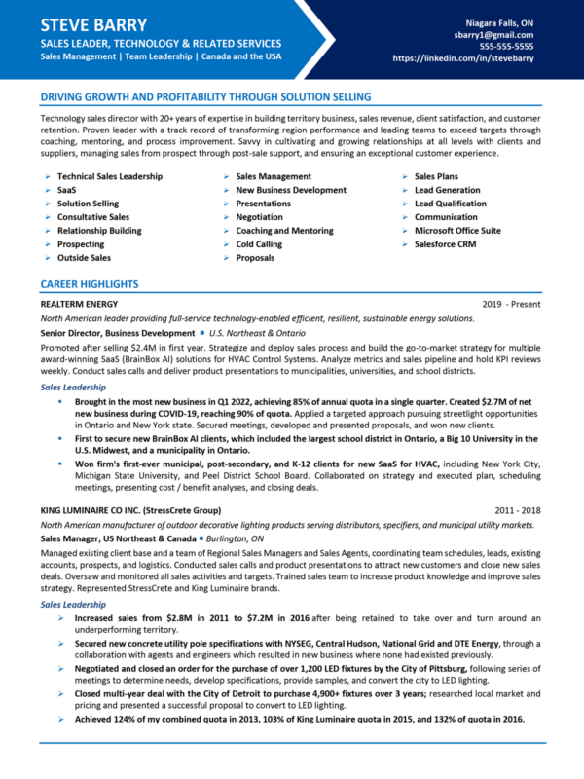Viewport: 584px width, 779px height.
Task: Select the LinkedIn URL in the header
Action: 463,58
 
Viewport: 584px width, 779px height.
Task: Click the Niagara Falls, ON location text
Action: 498,20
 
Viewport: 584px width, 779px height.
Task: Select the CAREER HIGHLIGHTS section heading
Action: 90,284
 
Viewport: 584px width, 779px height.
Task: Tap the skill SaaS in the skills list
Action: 67,190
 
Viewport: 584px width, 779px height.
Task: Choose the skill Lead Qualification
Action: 450,204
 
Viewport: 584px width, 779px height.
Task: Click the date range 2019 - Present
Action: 511,304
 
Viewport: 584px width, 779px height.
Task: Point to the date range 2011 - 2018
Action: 518,509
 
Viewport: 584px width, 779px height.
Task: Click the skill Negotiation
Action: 259,217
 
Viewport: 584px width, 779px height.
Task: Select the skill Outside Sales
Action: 84,258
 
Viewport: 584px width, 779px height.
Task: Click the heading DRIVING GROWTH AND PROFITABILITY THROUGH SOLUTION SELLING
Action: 205,97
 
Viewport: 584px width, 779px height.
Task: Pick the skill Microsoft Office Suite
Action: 457,231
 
